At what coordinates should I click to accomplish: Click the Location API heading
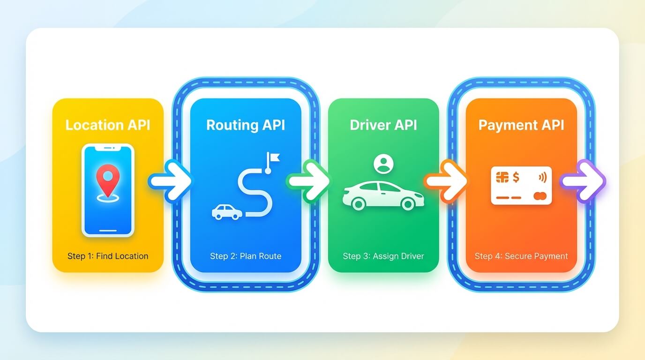click(x=108, y=125)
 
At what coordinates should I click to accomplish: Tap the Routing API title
click(x=246, y=125)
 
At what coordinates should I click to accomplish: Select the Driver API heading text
click(x=383, y=125)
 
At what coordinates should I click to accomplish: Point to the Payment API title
click(x=521, y=125)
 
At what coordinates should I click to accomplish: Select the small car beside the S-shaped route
click(x=227, y=212)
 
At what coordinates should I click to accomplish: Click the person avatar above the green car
click(x=383, y=164)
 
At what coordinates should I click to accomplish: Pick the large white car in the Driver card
click(x=383, y=195)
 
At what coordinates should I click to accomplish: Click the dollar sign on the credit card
click(x=516, y=177)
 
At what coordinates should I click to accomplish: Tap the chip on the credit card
click(x=502, y=177)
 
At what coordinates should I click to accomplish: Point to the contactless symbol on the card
click(x=542, y=177)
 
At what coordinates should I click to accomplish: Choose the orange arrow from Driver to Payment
click(x=446, y=181)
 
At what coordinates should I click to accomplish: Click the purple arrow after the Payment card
click(x=584, y=181)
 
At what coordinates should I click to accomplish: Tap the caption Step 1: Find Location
click(x=108, y=256)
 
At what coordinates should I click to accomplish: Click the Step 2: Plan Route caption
click(x=246, y=256)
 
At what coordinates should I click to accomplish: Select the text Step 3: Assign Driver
click(x=383, y=256)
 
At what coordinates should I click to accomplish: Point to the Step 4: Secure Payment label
click(x=521, y=256)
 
